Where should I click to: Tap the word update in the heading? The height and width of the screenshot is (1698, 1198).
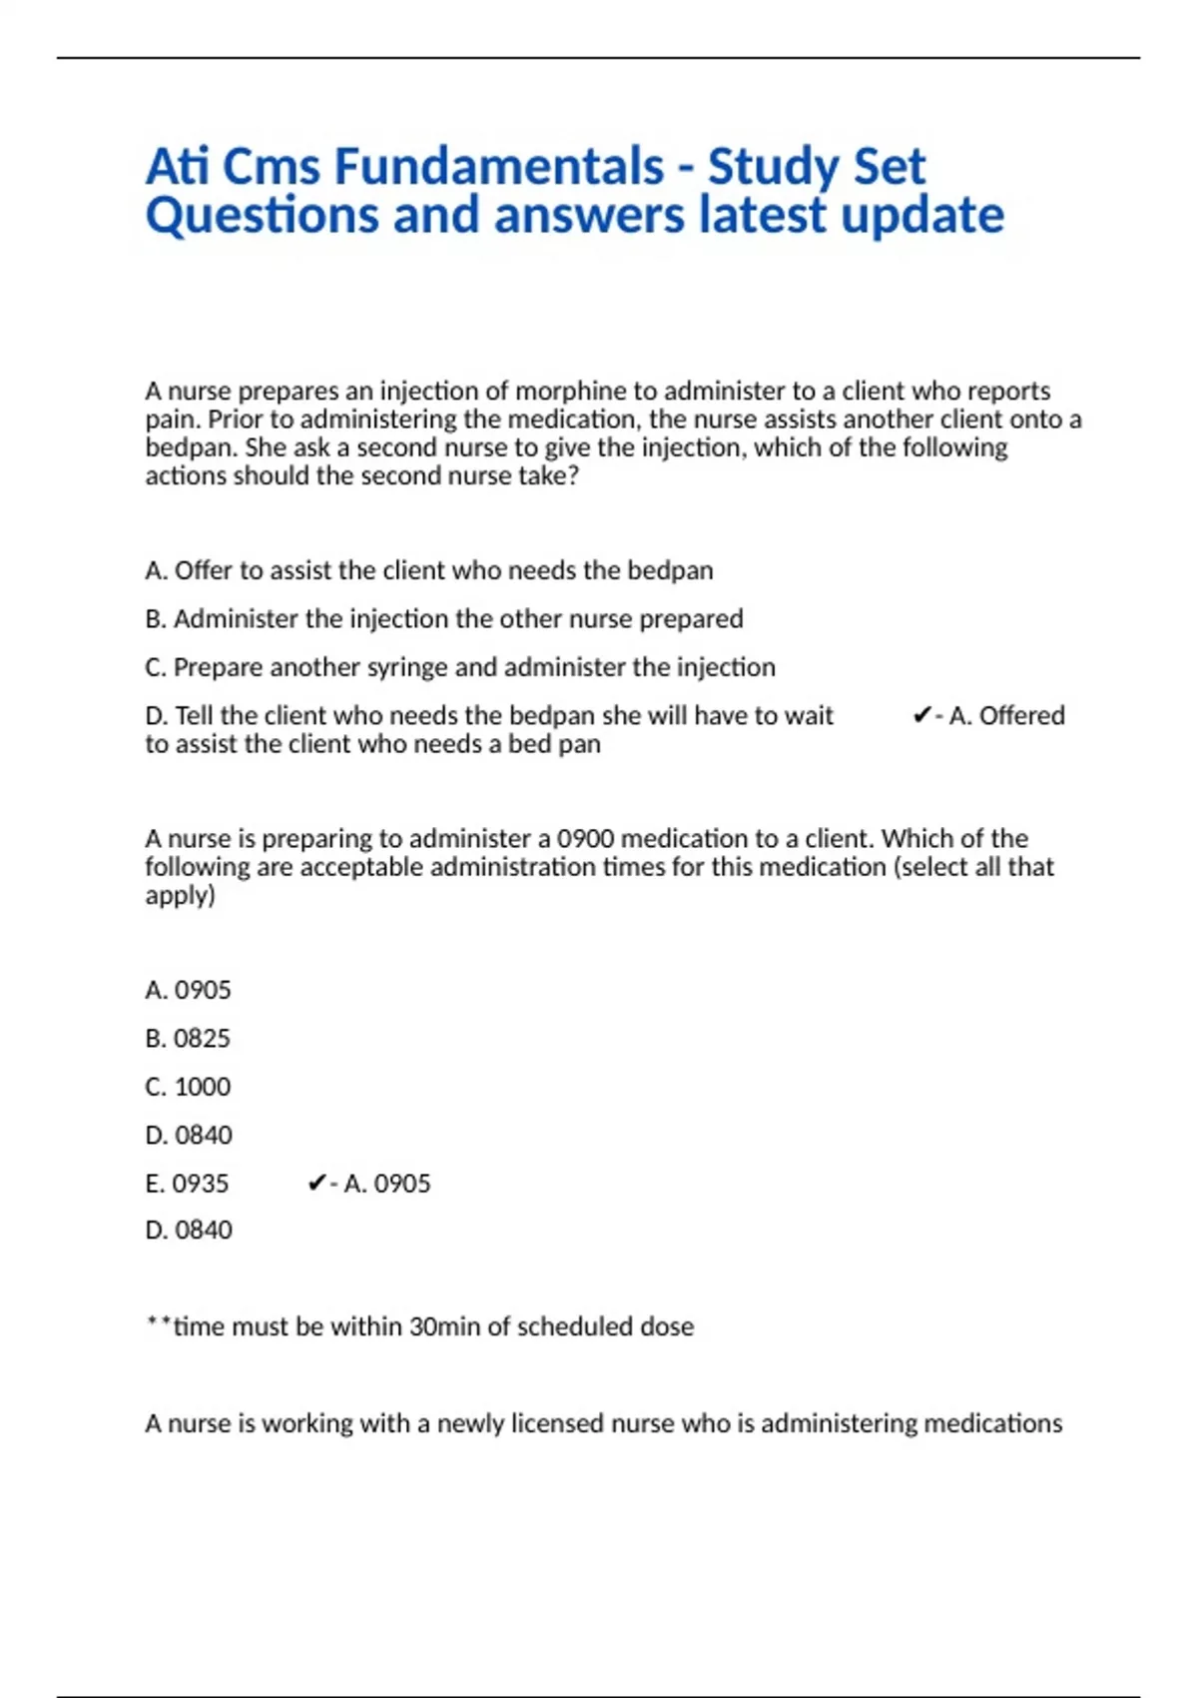click(x=922, y=216)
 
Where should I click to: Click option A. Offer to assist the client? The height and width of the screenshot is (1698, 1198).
click(x=429, y=570)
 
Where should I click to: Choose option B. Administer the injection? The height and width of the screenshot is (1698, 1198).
click(x=444, y=619)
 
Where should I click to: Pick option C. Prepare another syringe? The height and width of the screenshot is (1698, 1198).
click(x=460, y=667)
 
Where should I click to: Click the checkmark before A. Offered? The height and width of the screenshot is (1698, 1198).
click(x=921, y=715)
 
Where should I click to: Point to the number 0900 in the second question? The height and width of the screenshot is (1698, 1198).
click(x=585, y=838)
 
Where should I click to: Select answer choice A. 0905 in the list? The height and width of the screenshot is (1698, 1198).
click(x=188, y=990)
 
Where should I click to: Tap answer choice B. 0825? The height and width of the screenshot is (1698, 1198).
click(x=188, y=1039)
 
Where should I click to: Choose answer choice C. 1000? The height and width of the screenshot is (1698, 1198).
click(x=188, y=1087)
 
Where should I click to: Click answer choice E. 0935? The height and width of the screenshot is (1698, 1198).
click(x=187, y=1184)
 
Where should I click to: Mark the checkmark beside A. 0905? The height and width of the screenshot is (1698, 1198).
click(x=316, y=1184)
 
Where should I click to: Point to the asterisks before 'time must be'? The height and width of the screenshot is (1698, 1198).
click(x=159, y=1323)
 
